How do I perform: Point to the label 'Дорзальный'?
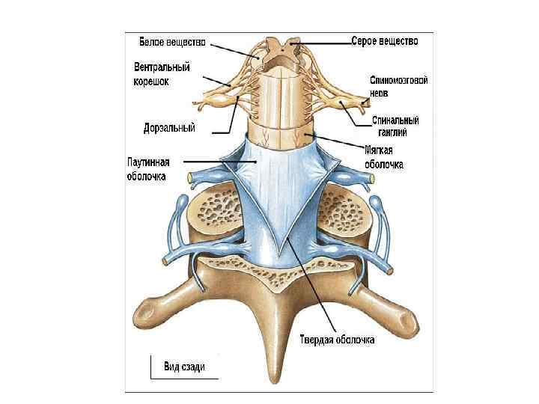click(170, 128)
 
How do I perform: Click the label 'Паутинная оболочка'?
click(148, 169)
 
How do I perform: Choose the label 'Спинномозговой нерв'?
click(398, 86)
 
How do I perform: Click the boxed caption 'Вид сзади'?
click(185, 367)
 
